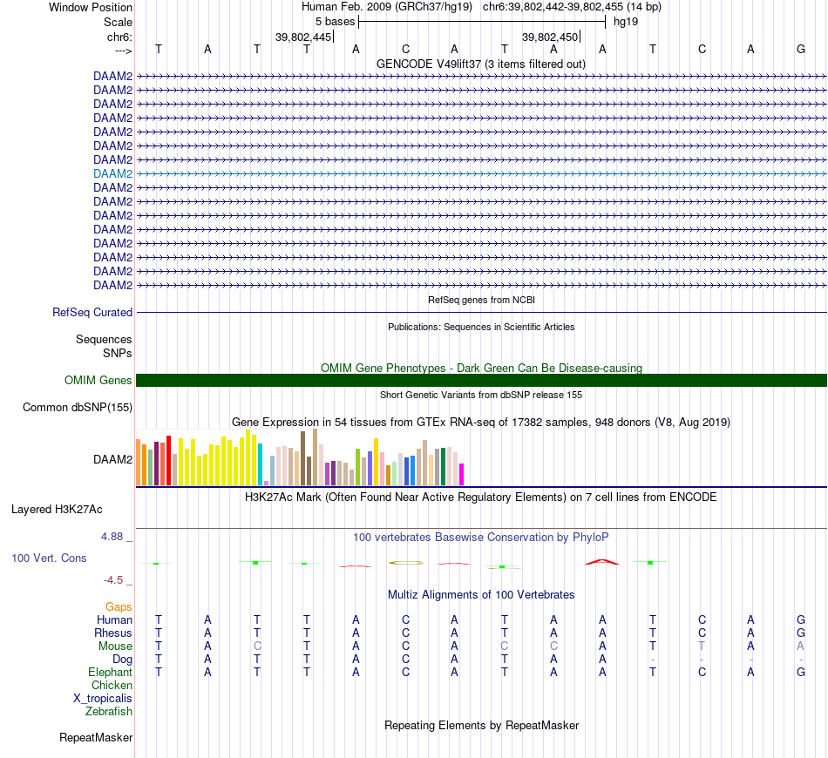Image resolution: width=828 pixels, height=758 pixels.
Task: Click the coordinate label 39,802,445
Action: [x=303, y=37]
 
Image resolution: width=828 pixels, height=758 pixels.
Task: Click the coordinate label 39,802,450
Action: [x=550, y=37]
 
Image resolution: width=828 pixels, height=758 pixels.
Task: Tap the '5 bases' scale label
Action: [x=335, y=21]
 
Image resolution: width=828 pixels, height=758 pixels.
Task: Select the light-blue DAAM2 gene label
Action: [x=112, y=173]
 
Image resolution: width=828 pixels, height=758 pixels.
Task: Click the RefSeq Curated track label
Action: [x=92, y=312]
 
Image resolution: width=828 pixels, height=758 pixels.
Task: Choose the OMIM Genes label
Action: [x=98, y=380]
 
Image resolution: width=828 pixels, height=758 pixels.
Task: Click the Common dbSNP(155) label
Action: [x=78, y=407]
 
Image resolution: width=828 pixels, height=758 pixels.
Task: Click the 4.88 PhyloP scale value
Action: [x=112, y=536]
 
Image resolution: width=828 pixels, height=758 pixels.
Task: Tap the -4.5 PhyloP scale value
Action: [x=115, y=579]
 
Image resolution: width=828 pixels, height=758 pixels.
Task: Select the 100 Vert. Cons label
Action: [x=49, y=558]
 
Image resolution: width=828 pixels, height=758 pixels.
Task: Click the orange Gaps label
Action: [x=119, y=606]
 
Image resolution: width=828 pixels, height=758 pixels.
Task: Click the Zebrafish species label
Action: [x=109, y=712]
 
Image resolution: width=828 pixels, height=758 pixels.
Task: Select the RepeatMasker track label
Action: [x=96, y=738]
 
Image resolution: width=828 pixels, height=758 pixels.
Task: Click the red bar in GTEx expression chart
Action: [x=168, y=462]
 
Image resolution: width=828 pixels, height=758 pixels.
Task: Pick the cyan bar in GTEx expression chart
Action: [x=260, y=464]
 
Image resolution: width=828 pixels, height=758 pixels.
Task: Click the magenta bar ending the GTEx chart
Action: [x=461, y=474]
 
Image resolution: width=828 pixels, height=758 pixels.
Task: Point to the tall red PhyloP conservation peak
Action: [x=601, y=561]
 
